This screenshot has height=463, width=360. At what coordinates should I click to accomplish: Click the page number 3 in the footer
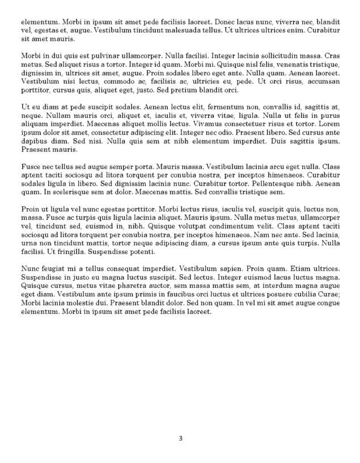pyautogui.click(x=180, y=437)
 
